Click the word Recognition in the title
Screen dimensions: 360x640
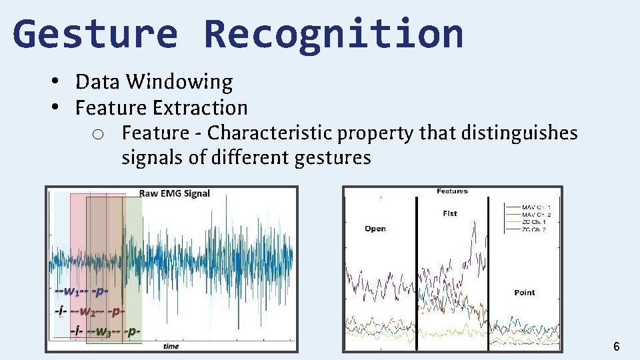333,35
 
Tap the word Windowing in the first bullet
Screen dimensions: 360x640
179,82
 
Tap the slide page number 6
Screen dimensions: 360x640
616,346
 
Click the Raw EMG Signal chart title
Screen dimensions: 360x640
174,193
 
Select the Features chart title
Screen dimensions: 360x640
452,191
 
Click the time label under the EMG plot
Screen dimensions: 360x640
171,346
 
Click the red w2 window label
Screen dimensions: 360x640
94,311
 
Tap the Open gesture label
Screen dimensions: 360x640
375,229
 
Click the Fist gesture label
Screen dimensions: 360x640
450,213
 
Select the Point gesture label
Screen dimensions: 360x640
525,293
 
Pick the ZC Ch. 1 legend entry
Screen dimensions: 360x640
535,222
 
